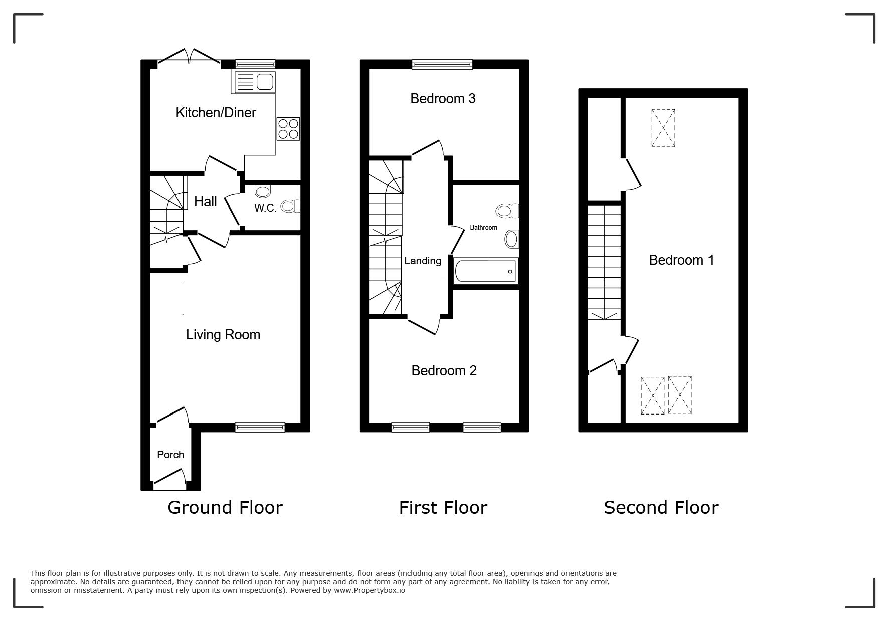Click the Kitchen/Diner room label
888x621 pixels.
(x=216, y=113)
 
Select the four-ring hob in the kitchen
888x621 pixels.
(x=288, y=129)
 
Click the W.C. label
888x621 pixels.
(x=265, y=208)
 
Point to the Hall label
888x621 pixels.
(x=206, y=201)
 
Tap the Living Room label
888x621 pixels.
(x=223, y=335)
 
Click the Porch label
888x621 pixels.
(x=170, y=455)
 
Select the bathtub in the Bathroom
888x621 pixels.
(x=486, y=271)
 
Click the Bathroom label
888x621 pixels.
(x=483, y=228)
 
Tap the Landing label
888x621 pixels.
(x=423, y=261)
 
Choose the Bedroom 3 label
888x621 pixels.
(x=443, y=99)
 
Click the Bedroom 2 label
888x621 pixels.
(x=444, y=371)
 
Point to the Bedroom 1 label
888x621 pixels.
(x=681, y=260)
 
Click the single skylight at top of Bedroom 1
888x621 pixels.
(x=663, y=128)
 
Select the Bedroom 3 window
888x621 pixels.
(x=442, y=64)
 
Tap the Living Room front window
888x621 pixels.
(x=260, y=427)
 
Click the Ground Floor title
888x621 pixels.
(x=225, y=508)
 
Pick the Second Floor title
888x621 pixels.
(x=661, y=508)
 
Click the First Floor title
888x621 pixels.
(x=443, y=508)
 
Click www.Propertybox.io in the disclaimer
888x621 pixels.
(x=370, y=590)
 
